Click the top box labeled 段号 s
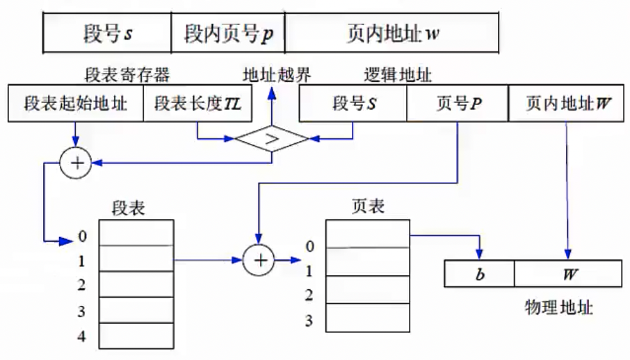(x=107, y=33)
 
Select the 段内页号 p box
(x=228, y=33)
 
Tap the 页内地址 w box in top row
(x=391, y=33)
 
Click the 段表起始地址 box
(x=76, y=105)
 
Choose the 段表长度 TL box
(x=197, y=105)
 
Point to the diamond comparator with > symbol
(x=271, y=138)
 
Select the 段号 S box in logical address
(x=353, y=105)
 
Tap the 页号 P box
(x=457, y=105)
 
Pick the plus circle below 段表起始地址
(x=76, y=163)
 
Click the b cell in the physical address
(x=479, y=273)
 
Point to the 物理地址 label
(x=558, y=306)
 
